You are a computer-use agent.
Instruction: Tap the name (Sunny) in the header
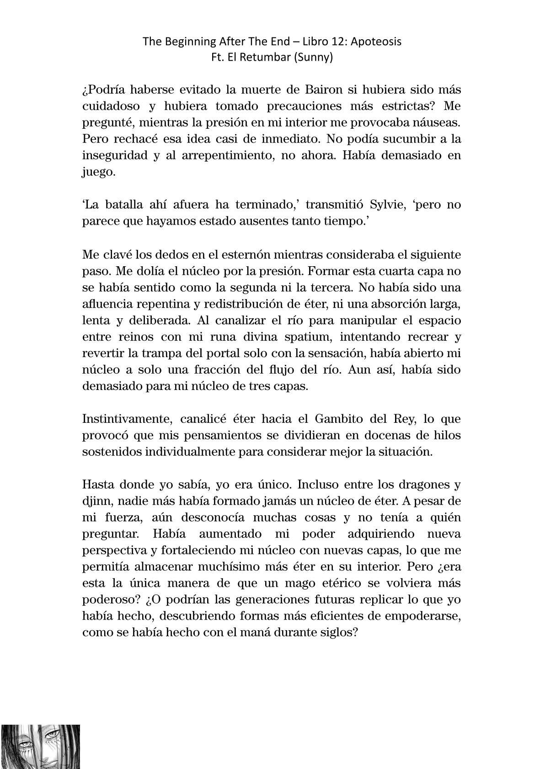tap(315, 58)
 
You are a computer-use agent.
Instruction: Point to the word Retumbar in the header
tap(269, 58)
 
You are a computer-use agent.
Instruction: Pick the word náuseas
tap(438, 122)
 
